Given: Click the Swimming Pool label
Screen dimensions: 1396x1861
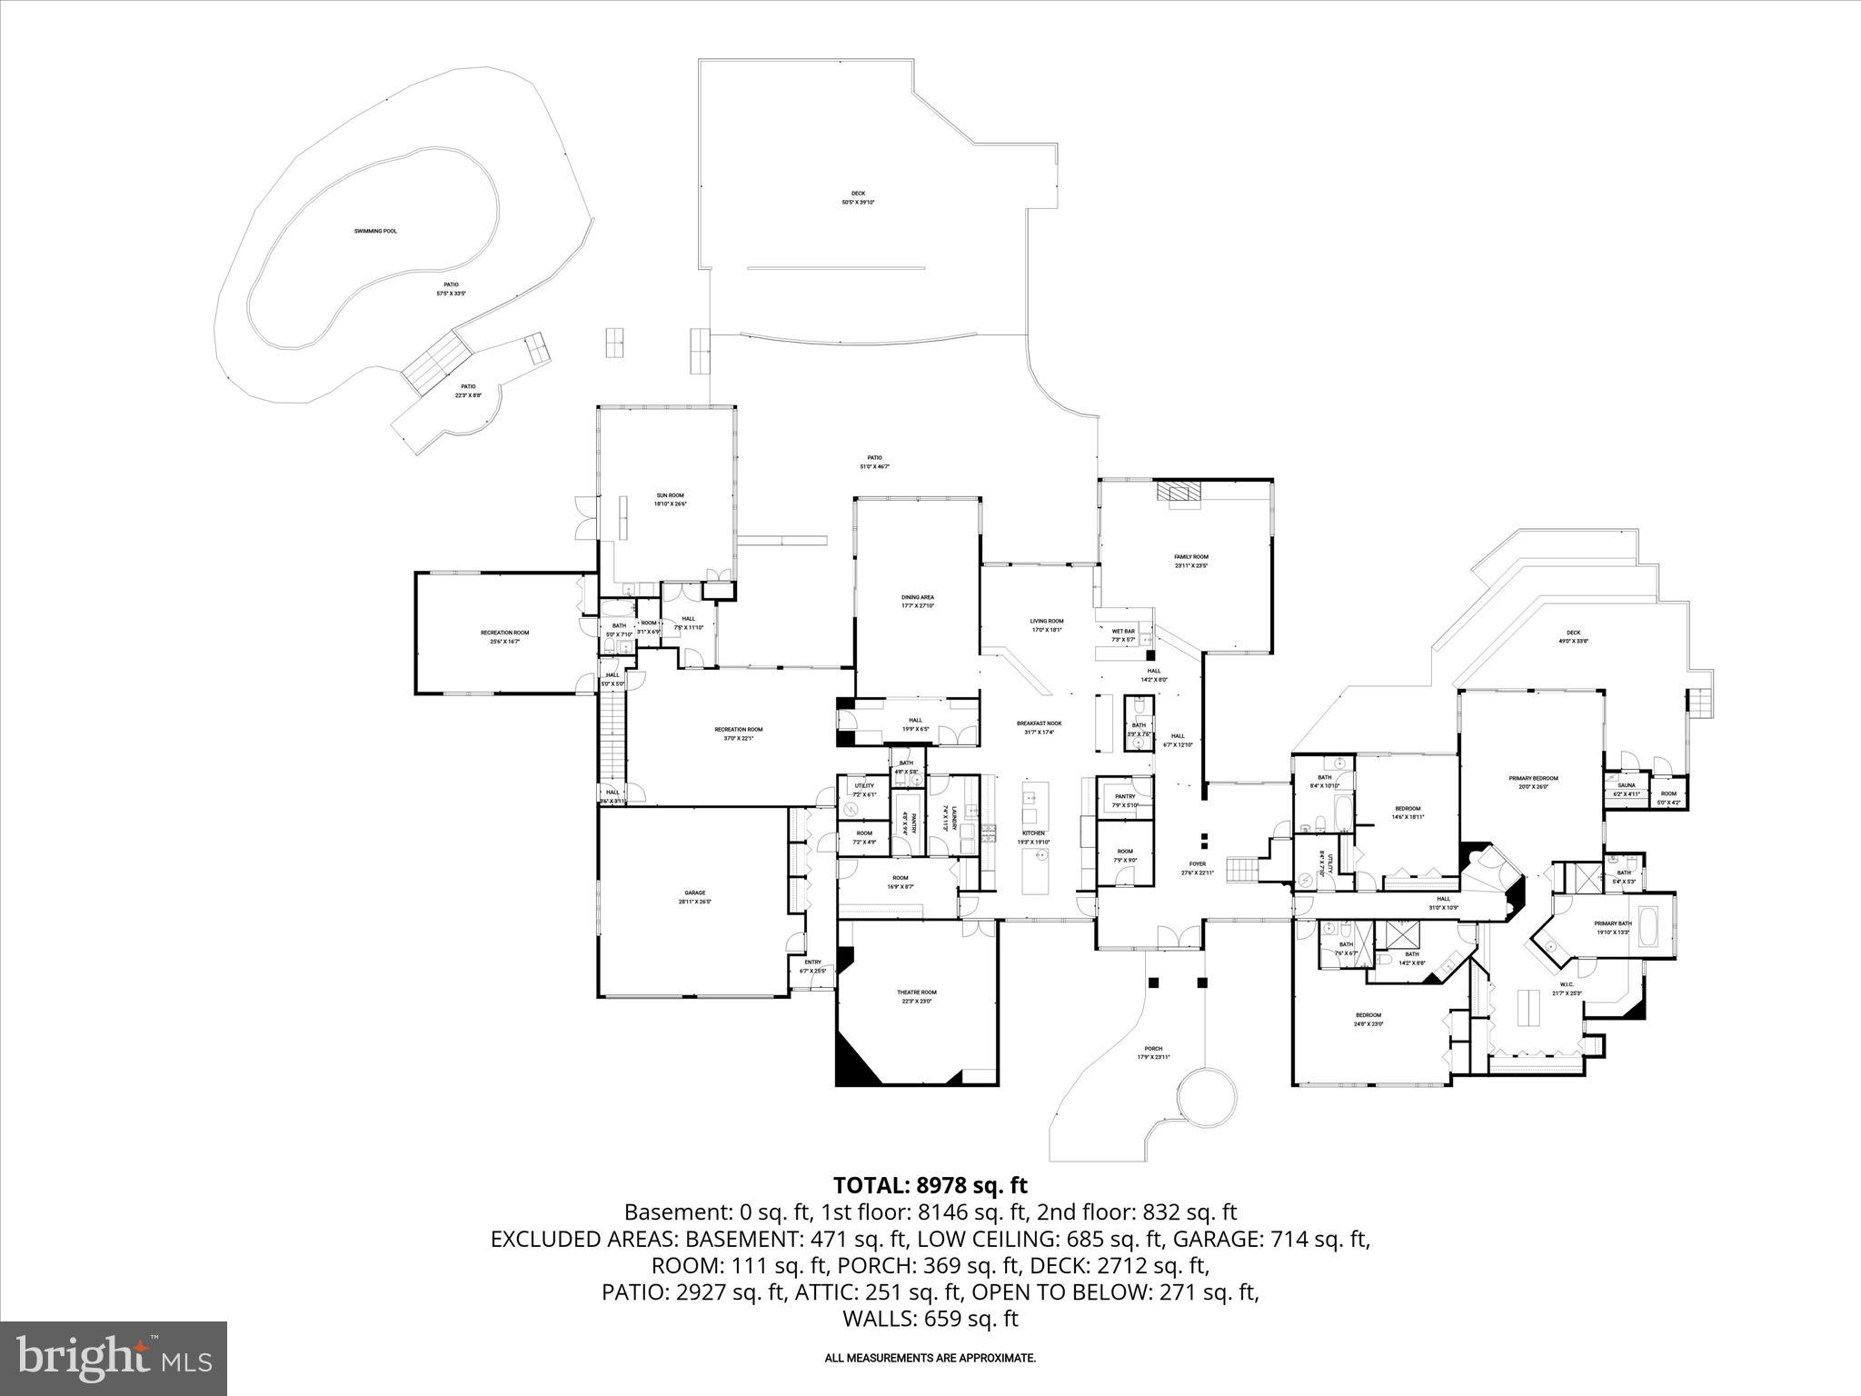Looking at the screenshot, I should pos(375,231).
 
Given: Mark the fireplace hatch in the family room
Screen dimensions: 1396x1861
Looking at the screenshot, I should pos(1178,492).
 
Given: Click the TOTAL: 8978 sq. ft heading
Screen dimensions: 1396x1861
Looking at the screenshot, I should pos(930,1185).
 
